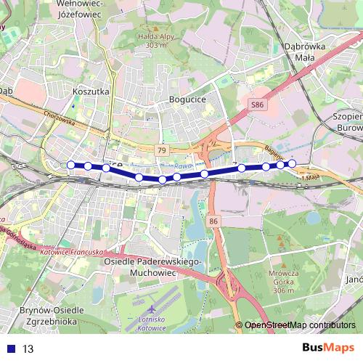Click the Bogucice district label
(187, 99)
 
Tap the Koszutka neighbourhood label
(91, 92)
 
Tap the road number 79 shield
(162, 150)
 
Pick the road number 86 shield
(213, 220)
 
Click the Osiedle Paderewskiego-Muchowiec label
(152, 266)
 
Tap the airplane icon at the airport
(150, 309)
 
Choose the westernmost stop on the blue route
(70, 165)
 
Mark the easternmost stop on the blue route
(292, 163)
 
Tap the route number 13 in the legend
(29, 348)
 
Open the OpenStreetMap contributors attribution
(300, 325)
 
